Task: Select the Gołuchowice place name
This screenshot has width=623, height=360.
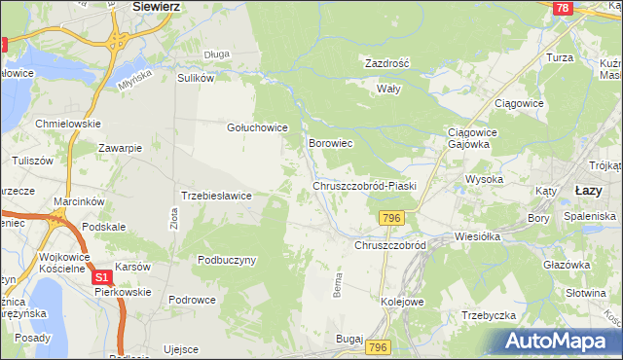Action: point(256,126)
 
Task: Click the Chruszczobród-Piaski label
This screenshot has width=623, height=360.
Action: point(364,185)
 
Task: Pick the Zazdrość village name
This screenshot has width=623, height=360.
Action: point(386,62)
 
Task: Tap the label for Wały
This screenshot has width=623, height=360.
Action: point(389,87)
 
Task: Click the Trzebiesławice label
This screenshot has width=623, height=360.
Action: point(217,196)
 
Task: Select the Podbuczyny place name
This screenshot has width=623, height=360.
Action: point(226,260)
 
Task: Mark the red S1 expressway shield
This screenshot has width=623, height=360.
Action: point(102,278)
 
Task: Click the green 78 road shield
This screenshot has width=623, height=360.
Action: point(562,8)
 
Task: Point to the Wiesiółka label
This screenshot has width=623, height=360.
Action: point(477,235)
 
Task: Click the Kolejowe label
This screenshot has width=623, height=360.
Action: point(403,302)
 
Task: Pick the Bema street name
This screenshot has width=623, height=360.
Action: point(337,286)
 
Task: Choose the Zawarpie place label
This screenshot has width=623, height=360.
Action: point(121,148)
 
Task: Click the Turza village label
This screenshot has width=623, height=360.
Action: point(587,58)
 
